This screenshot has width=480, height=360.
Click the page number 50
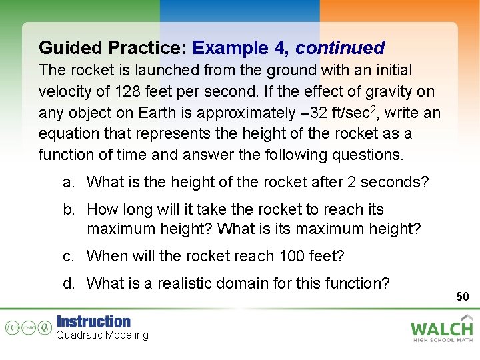(x=463, y=296)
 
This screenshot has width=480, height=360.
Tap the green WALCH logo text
(x=441, y=329)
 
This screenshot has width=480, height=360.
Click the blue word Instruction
(x=93, y=321)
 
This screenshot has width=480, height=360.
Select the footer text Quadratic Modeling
(x=102, y=335)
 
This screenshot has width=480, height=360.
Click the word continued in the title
(x=340, y=48)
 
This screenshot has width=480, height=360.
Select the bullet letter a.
(x=68, y=181)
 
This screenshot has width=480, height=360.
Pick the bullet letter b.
(x=68, y=209)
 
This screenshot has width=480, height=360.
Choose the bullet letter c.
(x=68, y=255)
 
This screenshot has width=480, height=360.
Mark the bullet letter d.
(x=68, y=283)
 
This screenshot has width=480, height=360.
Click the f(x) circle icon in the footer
(x=11, y=328)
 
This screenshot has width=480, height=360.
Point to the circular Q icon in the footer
(x=44, y=328)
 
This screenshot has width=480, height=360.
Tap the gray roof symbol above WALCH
(x=468, y=317)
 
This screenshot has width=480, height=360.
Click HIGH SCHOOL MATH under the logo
(x=443, y=340)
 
